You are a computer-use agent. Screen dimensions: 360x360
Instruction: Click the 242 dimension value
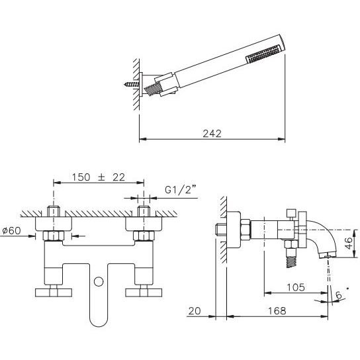click(212, 134)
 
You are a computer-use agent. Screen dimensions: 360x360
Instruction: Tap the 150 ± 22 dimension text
click(99, 177)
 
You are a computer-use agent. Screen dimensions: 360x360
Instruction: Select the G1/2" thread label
click(181, 190)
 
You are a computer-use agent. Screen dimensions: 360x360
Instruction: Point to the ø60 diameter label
click(11, 230)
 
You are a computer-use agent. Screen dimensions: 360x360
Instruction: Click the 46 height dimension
click(349, 243)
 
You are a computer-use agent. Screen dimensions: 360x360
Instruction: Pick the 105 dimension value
click(296, 287)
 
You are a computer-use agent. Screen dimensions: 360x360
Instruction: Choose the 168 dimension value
click(277, 311)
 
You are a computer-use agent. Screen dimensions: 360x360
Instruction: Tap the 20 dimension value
click(195, 311)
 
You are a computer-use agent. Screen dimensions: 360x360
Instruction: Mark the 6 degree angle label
click(339, 295)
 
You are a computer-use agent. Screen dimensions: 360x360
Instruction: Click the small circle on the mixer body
click(99, 282)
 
